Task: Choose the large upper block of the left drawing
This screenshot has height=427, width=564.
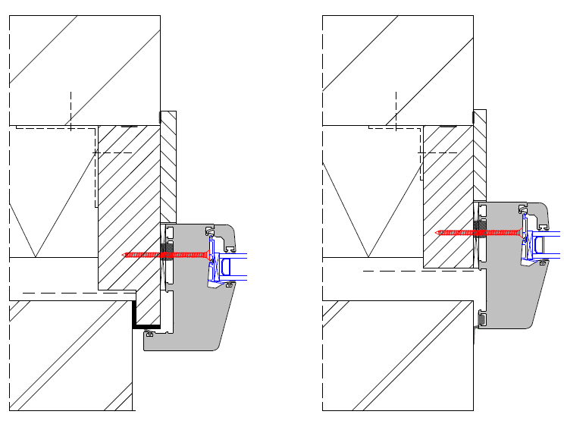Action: point(83,68)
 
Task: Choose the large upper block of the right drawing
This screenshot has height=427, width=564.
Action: point(398,68)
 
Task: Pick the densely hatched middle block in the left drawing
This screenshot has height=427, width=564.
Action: point(129,205)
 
